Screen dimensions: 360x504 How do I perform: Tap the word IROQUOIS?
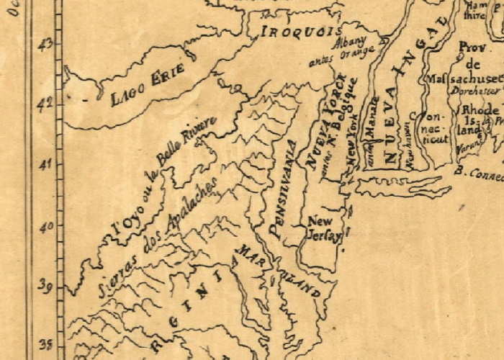tap(300, 32)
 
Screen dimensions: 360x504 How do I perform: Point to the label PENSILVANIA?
tap(282, 189)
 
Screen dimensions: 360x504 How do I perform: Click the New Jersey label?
tap(322, 230)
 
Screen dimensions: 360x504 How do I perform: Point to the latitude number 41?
tap(47, 166)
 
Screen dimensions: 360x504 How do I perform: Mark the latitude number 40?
tap(47, 227)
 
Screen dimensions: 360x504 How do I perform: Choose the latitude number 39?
tap(47, 287)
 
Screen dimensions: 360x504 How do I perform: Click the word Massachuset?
tap(464, 78)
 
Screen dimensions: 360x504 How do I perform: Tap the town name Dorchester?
tap(476, 91)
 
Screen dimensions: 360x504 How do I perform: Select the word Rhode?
tap(480, 109)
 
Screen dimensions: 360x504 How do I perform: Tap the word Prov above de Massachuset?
tap(471, 48)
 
